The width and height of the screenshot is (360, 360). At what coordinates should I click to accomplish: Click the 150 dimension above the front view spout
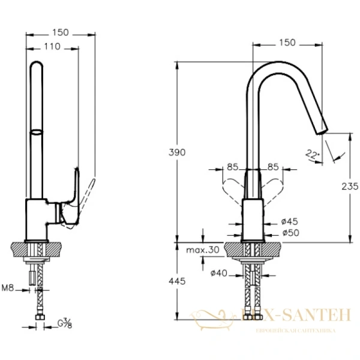(x=288, y=42)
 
